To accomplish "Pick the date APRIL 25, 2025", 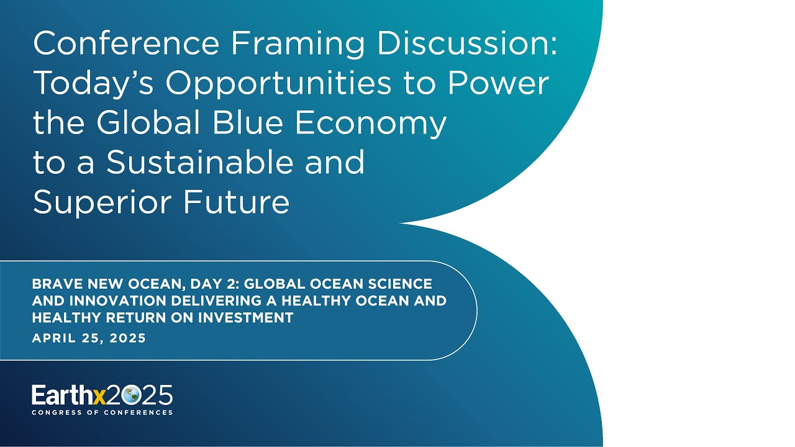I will point(89,339).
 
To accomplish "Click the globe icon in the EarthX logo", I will point(131,395).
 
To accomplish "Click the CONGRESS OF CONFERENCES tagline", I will point(102,412).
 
